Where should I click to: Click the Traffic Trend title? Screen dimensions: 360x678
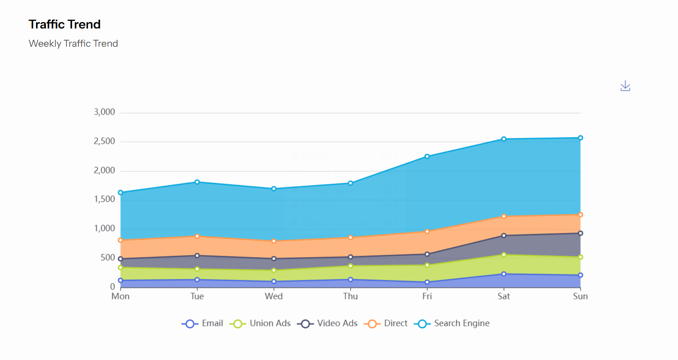click(x=65, y=24)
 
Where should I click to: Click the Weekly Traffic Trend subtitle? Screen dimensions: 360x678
click(x=73, y=43)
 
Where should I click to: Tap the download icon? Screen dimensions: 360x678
click(x=625, y=86)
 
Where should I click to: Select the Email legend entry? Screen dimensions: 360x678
click(x=203, y=323)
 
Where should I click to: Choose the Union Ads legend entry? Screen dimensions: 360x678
click(x=260, y=323)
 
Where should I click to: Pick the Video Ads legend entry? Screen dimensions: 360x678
click(x=327, y=323)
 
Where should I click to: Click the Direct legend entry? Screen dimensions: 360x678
click(x=386, y=323)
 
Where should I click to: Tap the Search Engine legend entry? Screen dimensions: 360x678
click(x=452, y=323)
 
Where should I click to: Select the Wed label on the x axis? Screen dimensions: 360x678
click(x=273, y=296)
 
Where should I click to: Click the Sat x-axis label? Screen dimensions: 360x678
click(x=503, y=296)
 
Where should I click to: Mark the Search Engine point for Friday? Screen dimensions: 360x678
click(x=427, y=156)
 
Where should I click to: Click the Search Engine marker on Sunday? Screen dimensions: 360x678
click(x=580, y=138)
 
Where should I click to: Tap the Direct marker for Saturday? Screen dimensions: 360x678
click(x=503, y=217)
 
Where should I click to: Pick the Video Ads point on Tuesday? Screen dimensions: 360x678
click(x=197, y=256)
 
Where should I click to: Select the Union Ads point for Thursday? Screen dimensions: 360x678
click(x=350, y=266)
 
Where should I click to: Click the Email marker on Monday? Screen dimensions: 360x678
click(x=120, y=280)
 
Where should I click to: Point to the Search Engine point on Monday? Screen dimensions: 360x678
click(x=120, y=192)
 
